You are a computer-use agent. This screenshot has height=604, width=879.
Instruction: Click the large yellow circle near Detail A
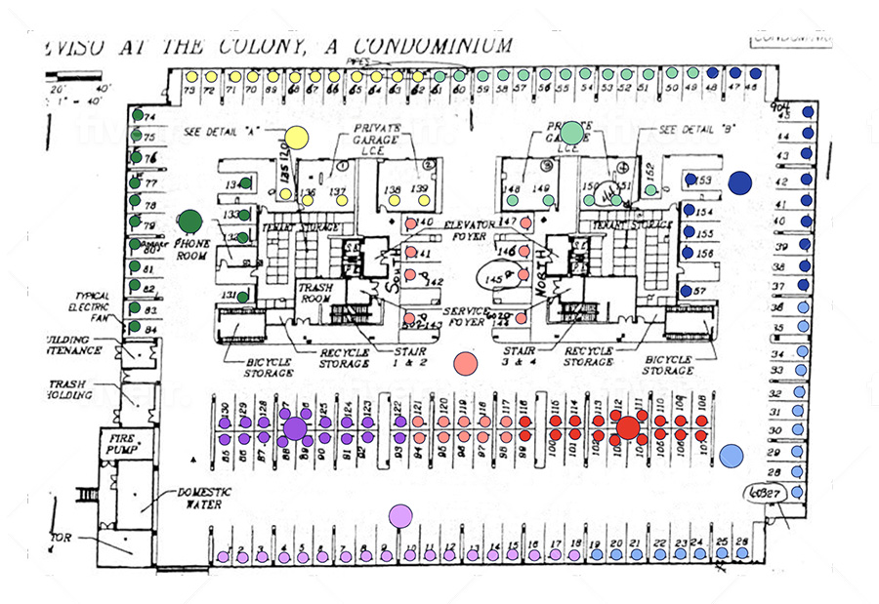click(295, 139)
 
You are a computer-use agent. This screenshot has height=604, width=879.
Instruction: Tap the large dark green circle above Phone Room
click(189, 222)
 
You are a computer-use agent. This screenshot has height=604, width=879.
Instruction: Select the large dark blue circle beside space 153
click(739, 182)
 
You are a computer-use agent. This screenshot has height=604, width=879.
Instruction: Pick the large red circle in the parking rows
click(628, 427)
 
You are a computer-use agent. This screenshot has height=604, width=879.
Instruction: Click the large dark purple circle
click(294, 428)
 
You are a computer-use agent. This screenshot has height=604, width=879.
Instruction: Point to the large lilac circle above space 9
click(400, 515)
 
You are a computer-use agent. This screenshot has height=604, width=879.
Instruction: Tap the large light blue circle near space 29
click(732, 454)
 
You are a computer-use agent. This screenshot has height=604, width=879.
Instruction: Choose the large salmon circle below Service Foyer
click(466, 363)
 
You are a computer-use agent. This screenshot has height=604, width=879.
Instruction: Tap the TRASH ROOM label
click(319, 294)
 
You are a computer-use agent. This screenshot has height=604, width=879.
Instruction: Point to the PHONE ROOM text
click(191, 250)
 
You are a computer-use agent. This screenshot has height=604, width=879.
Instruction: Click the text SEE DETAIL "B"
click(694, 130)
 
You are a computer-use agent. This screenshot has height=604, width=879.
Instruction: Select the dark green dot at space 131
click(242, 296)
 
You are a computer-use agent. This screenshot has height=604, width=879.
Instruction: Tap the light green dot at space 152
click(650, 189)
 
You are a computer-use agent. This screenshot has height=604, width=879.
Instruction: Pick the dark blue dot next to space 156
click(690, 254)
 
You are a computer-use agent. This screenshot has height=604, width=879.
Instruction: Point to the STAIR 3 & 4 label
click(519, 351)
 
